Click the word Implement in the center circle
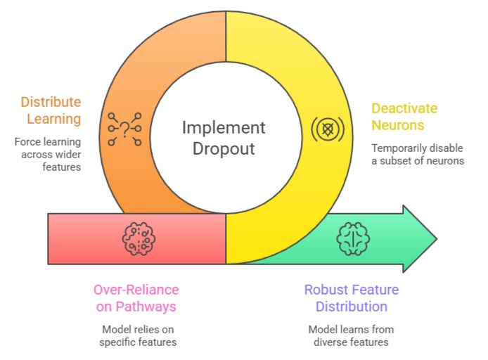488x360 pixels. point(224,128)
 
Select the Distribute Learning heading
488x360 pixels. point(51,110)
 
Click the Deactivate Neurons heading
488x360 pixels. point(404,117)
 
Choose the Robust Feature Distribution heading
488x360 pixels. point(351,298)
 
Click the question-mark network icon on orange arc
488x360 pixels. point(125,129)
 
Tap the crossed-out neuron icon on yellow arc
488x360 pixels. point(326,129)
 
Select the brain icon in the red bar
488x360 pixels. point(139,238)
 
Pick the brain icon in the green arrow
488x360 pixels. point(352,238)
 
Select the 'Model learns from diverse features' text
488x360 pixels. point(352,336)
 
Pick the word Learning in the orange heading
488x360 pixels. point(51,119)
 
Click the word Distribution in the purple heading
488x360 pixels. point(351,307)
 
